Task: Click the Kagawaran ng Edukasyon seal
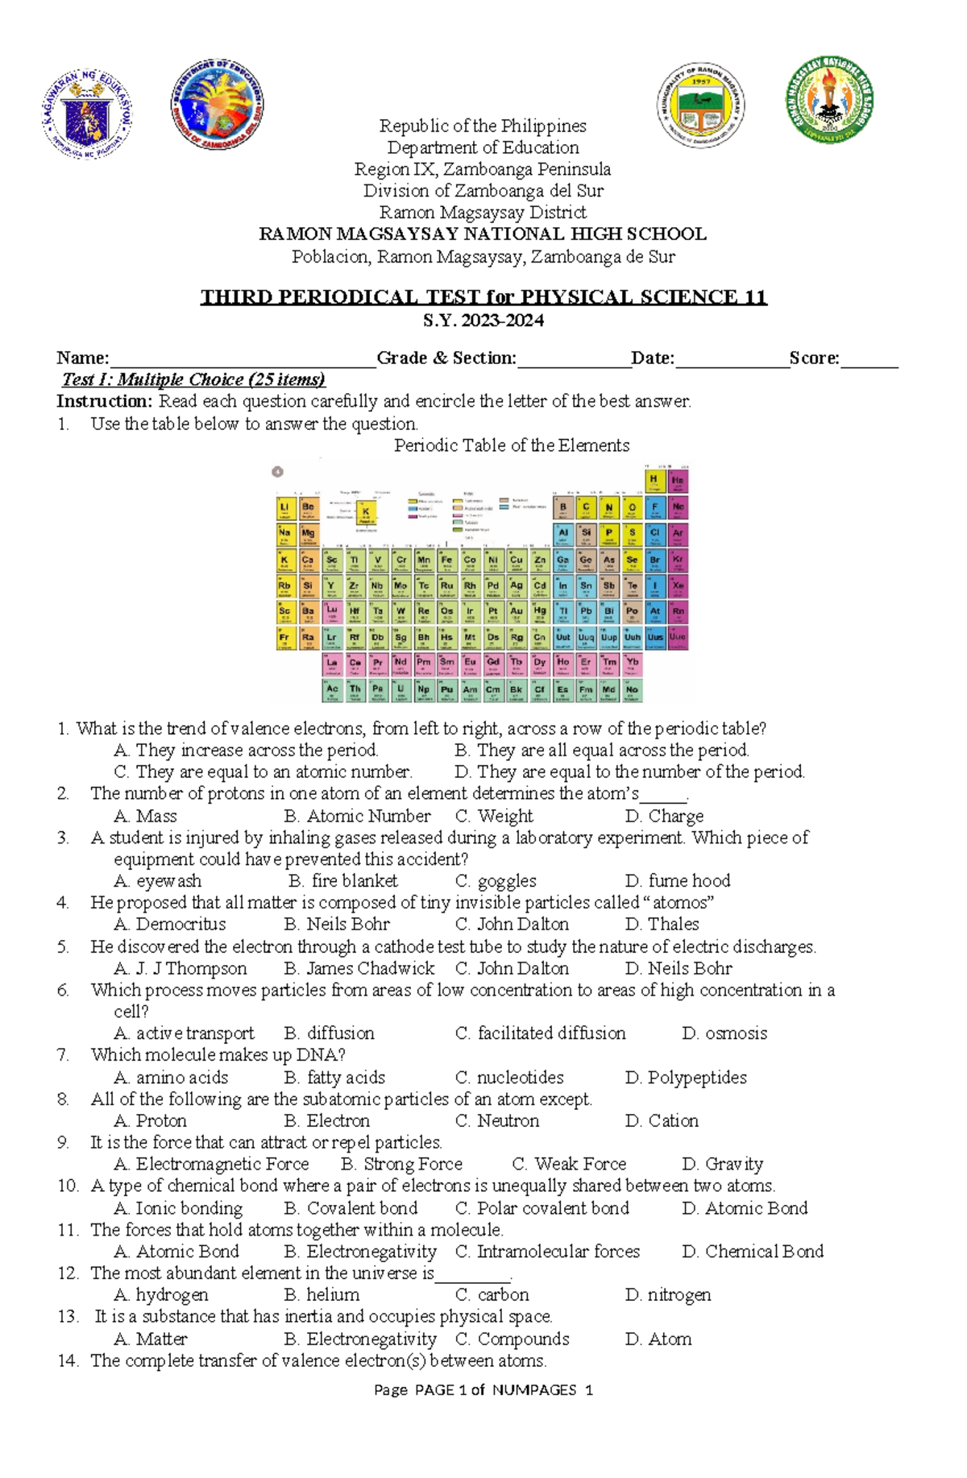(x=87, y=114)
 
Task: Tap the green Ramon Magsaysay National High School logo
(x=829, y=100)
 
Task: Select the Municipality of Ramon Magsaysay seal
(x=700, y=106)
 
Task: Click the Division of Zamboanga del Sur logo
(x=217, y=105)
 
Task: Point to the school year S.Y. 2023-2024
(x=483, y=321)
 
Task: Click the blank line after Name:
(x=243, y=360)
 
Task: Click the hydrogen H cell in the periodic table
(x=654, y=481)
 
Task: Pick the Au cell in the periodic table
(x=517, y=613)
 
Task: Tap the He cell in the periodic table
(x=678, y=481)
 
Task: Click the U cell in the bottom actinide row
(x=400, y=690)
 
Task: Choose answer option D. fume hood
(x=678, y=880)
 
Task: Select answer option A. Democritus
(x=170, y=924)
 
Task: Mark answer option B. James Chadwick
(x=359, y=968)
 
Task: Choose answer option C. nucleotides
(x=509, y=1077)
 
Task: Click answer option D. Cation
(x=662, y=1120)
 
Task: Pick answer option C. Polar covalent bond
(x=542, y=1208)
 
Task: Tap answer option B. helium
(x=322, y=1295)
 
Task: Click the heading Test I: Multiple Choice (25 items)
(x=193, y=379)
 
